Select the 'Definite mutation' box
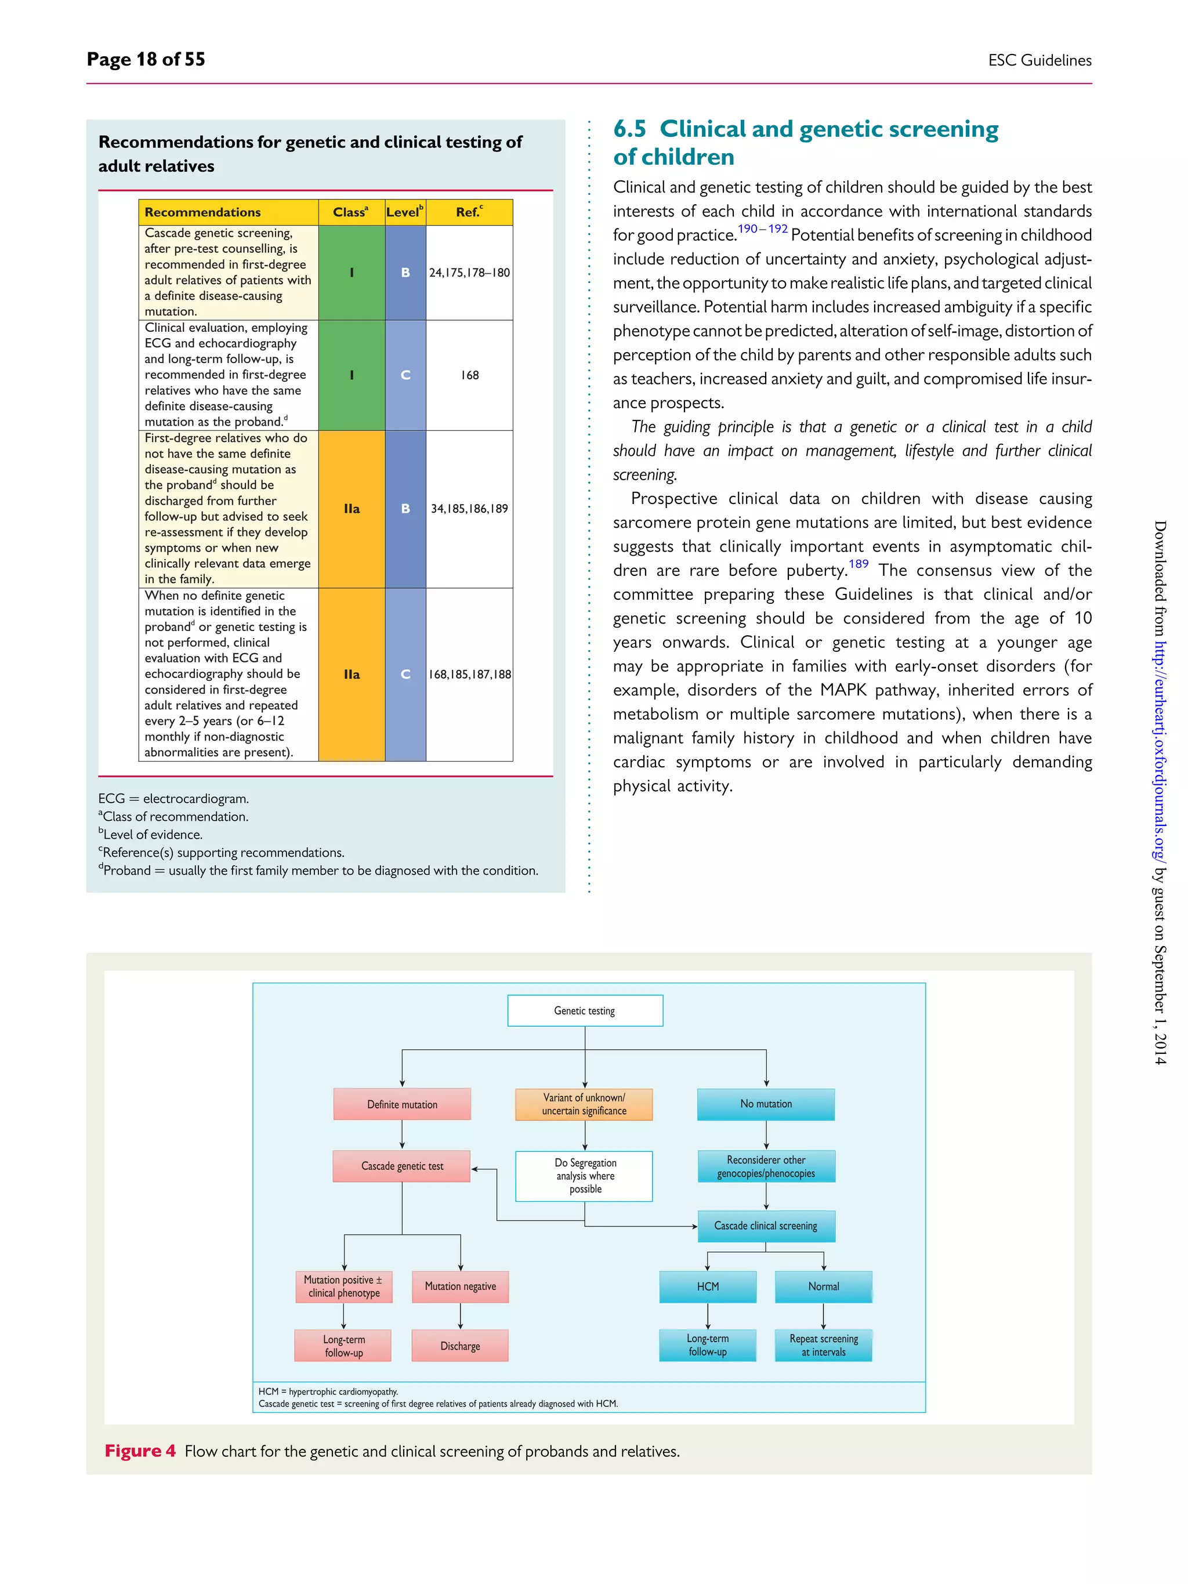pyautogui.click(x=402, y=1104)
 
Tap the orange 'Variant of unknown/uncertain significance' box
pyautogui.click(x=584, y=1104)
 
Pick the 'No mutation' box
pyautogui.click(x=766, y=1104)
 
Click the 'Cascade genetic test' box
pyautogui.click(x=402, y=1166)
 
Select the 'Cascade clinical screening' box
pyautogui.click(x=766, y=1226)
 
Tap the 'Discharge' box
pyautogui.click(x=460, y=1346)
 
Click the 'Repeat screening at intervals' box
pyautogui.click(x=824, y=1346)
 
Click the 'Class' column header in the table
pyautogui.click(x=351, y=212)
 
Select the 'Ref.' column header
pyautogui.click(x=469, y=212)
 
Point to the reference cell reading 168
pyautogui.click(x=470, y=375)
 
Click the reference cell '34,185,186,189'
pyautogui.click(x=470, y=509)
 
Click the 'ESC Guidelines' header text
pyautogui.click(x=1039, y=60)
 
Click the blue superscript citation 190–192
pyautogui.click(x=763, y=229)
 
